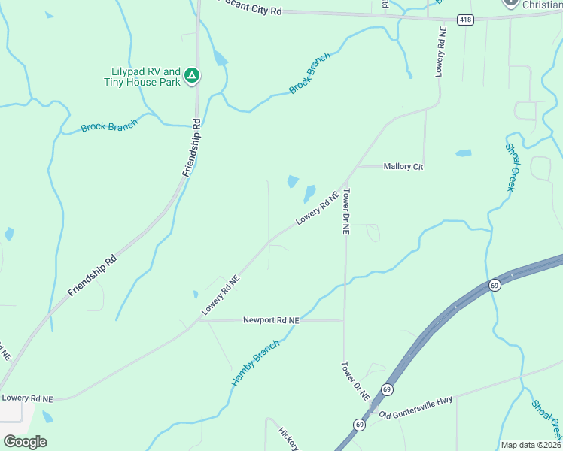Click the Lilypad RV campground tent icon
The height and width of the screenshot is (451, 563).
tap(192, 75)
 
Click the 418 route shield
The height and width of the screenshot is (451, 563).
tap(466, 20)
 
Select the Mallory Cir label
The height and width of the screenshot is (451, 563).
tap(403, 166)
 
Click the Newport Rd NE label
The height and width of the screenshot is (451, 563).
tap(271, 320)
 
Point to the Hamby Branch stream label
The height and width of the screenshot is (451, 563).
tap(255, 362)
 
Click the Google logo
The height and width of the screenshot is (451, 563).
tap(25, 441)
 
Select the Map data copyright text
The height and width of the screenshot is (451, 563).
tap(530, 445)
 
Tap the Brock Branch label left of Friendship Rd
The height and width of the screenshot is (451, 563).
tap(109, 126)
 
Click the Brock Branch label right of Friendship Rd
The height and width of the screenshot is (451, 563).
tap(310, 73)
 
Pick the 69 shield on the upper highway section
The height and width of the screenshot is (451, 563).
tap(495, 285)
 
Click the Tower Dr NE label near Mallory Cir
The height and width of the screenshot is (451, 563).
tap(347, 213)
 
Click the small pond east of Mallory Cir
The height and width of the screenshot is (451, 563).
tap(463, 153)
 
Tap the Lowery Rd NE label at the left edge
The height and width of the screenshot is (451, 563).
tap(27, 398)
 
